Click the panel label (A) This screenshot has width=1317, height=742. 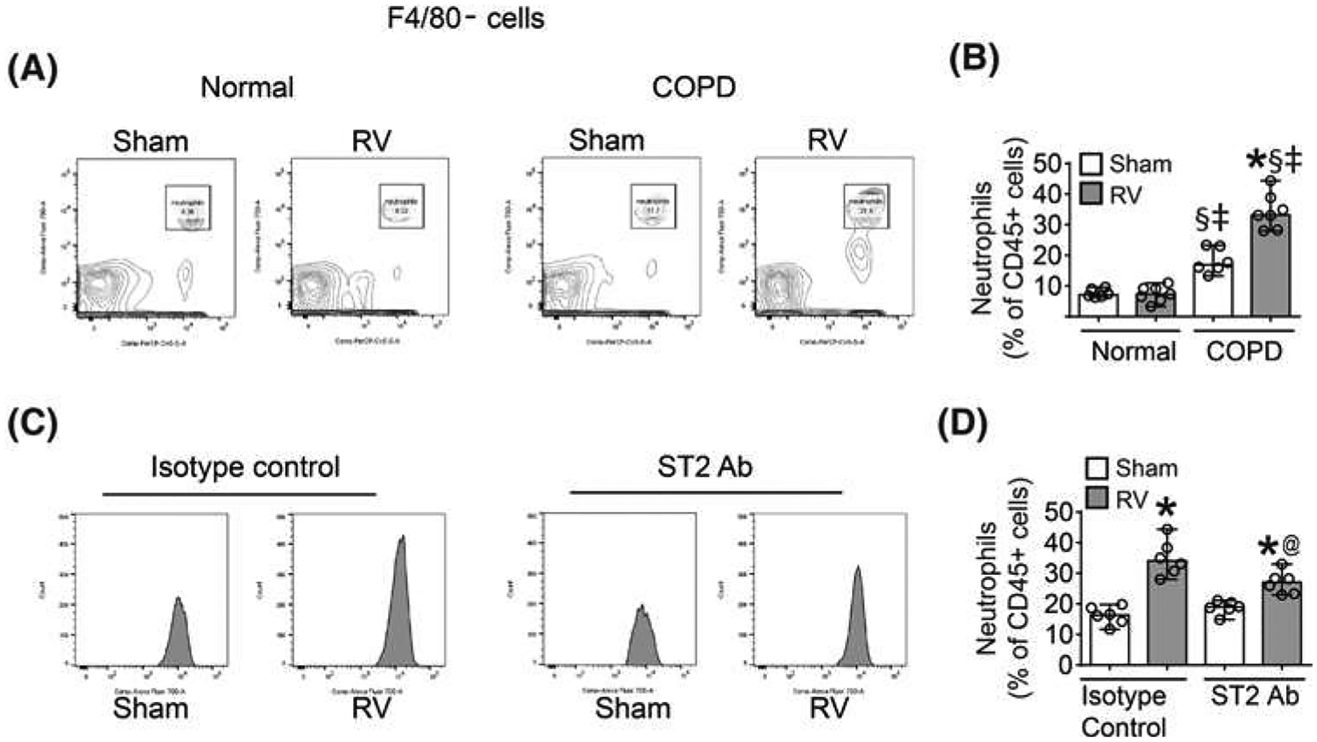click(32, 70)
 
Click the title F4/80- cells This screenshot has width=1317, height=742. click(465, 18)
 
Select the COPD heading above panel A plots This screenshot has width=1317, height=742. click(693, 87)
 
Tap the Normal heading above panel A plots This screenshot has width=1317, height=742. click(247, 87)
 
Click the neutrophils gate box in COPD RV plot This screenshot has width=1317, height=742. click(866, 206)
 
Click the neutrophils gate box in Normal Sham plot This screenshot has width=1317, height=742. click(188, 207)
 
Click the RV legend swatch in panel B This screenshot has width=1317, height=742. click(1090, 194)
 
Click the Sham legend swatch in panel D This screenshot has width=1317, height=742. click(1097, 468)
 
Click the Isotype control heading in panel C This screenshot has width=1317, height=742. click(245, 466)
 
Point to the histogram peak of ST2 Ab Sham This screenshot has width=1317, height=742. click(641, 608)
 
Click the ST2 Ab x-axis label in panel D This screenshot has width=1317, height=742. click(1254, 696)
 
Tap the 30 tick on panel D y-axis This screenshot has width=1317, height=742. click(1059, 573)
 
